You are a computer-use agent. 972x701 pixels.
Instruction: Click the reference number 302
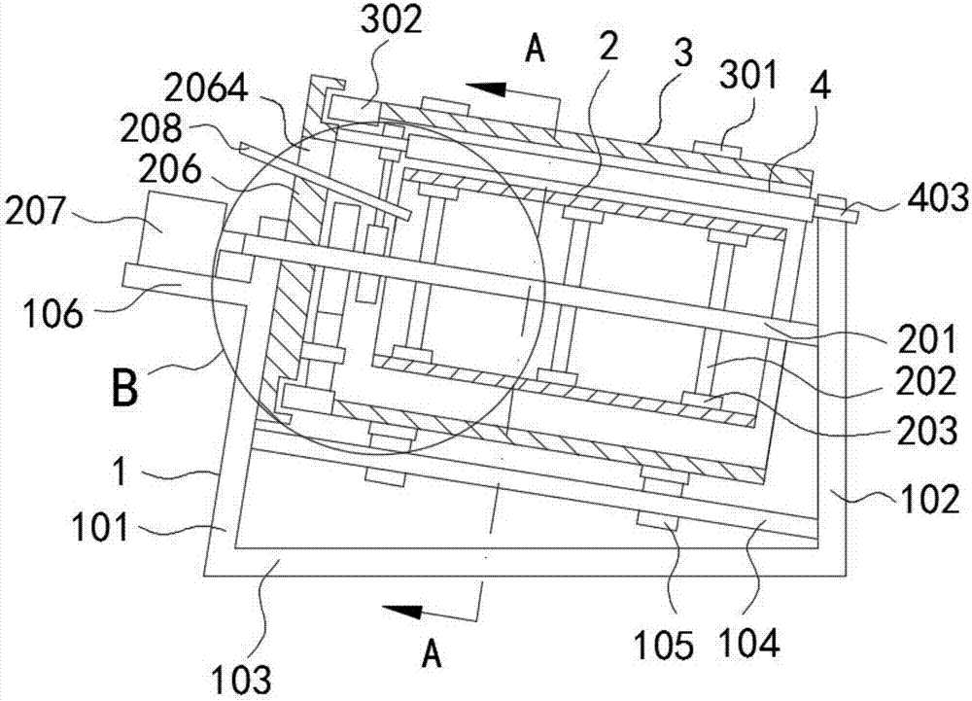click(392, 22)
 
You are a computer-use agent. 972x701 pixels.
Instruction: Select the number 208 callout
click(152, 128)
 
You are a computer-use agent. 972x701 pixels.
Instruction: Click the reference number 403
click(938, 199)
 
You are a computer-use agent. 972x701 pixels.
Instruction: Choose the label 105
click(663, 647)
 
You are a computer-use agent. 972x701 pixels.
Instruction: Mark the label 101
click(100, 530)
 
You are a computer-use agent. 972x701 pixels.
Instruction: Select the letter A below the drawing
click(432, 654)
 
